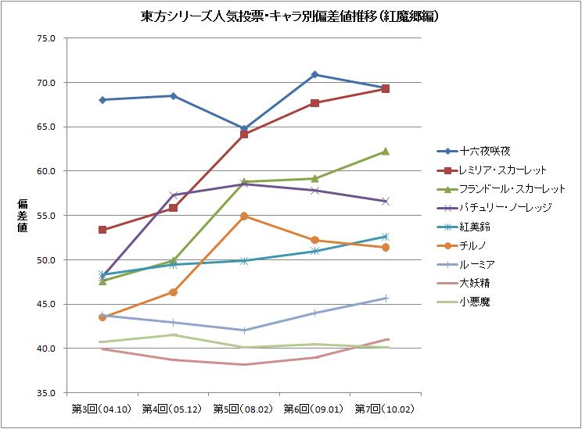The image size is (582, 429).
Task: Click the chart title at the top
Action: click(x=290, y=16)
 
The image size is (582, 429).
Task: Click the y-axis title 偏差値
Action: click(x=23, y=215)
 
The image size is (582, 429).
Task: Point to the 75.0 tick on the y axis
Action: click(x=45, y=38)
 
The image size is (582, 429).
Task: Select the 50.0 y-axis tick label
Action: click(x=45, y=259)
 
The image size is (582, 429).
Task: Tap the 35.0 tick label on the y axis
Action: click(x=45, y=392)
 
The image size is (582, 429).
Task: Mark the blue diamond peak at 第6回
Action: click(x=314, y=74)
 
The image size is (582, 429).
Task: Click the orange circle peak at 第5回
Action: click(x=244, y=216)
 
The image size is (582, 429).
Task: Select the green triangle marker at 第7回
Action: click(x=386, y=152)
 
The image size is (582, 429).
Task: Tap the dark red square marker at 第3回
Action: click(x=102, y=230)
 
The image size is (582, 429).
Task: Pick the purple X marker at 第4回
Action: click(x=173, y=195)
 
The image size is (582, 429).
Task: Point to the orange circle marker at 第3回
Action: click(x=102, y=317)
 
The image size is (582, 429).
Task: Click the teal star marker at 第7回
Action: click(x=386, y=236)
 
